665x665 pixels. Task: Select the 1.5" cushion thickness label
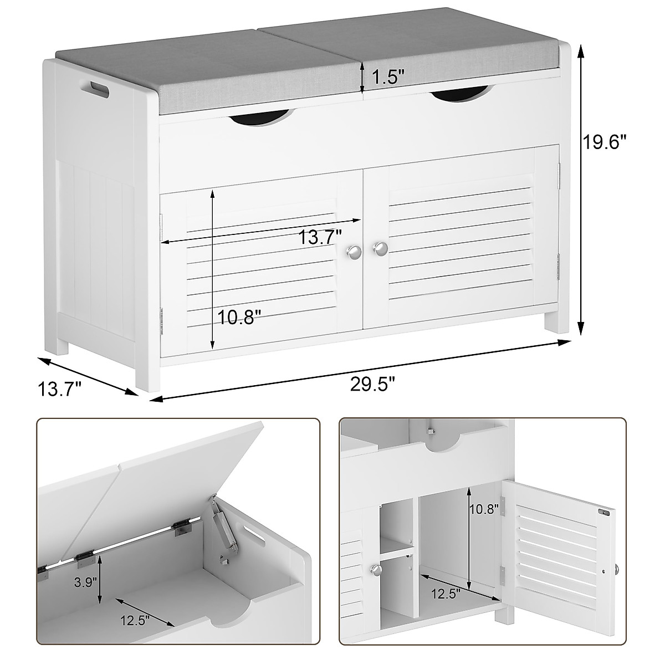pyautogui.click(x=386, y=78)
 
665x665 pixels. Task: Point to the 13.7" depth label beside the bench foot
pyautogui.click(x=60, y=388)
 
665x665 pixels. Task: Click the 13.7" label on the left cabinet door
pyautogui.click(x=320, y=238)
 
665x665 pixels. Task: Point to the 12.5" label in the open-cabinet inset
pyautogui.click(x=446, y=595)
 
